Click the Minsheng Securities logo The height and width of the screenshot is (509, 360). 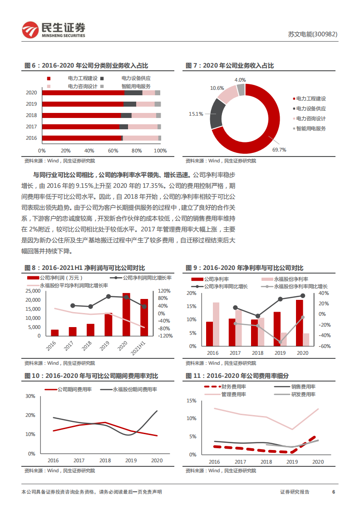[x=53, y=29]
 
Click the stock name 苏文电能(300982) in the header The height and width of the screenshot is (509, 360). [x=313, y=34]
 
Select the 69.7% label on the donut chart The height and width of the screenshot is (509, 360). [x=279, y=149]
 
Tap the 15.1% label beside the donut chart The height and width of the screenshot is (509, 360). [x=196, y=114]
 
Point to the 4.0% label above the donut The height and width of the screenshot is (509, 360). [x=240, y=80]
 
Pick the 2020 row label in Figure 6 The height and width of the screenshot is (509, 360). [x=31, y=93]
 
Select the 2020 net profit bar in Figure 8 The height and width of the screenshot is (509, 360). [x=126, y=314]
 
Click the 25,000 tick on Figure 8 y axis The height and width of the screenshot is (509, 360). [x=32, y=291]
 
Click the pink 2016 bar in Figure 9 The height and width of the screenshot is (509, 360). [x=216, y=324]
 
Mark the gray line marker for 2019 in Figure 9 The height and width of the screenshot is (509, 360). [x=280, y=342]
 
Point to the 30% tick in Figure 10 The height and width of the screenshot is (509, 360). [x=30, y=396]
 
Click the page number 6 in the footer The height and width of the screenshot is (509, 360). [x=334, y=492]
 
